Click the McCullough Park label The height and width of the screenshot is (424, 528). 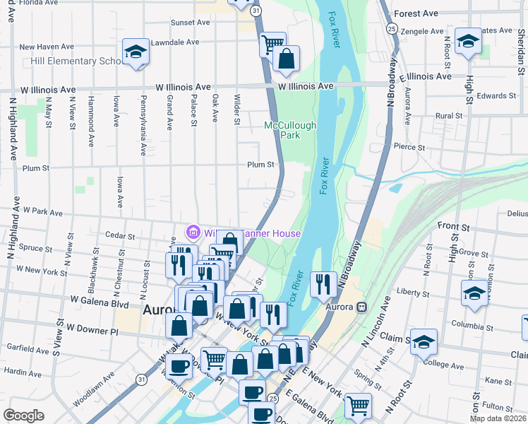pyautogui.click(x=290, y=130)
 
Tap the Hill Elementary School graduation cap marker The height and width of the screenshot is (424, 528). pyautogui.click(x=135, y=52)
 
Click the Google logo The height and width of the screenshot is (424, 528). pyautogui.click(x=23, y=416)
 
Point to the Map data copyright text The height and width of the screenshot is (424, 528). pyautogui.click(x=498, y=419)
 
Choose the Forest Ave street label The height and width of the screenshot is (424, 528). pyautogui.click(x=416, y=13)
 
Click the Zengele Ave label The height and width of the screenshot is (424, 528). pyautogui.click(x=422, y=32)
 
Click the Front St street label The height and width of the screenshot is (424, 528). pyautogui.click(x=453, y=227)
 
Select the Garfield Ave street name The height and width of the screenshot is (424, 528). pyautogui.click(x=25, y=349)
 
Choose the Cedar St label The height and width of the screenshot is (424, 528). pyautogui.click(x=119, y=235)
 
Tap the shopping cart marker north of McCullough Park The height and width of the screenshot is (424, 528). pyautogui.click(x=272, y=45)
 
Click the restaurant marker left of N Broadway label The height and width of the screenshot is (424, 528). pyautogui.click(x=323, y=284)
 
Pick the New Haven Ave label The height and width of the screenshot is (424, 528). pyautogui.click(x=47, y=47)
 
